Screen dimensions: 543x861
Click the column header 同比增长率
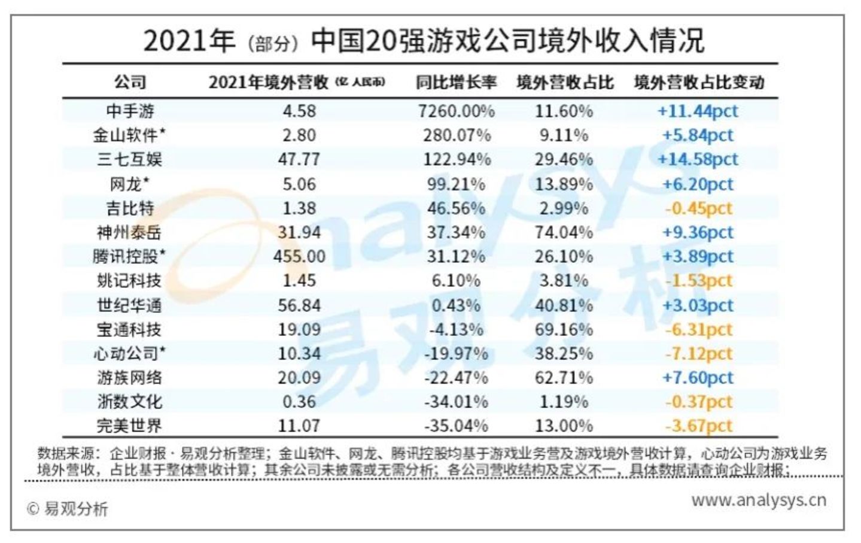(x=456, y=82)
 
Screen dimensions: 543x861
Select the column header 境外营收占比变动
(x=699, y=82)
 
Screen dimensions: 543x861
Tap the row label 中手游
(x=130, y=111)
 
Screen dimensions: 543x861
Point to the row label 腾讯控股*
(x=129, y=256)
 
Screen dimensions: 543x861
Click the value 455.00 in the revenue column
(x=299, y=256)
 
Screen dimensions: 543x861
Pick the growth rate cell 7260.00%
(x=456, y=111)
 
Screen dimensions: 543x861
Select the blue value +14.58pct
(x=698, y=159)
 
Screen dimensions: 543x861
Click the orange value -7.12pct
(x=698, y=353)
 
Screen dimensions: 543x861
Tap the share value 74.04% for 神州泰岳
(x=564, y=232)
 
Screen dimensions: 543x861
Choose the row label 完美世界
(x=129, y=426)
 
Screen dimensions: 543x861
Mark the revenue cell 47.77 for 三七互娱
(x=299, y=159)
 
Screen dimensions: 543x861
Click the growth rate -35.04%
(x=456, y=426)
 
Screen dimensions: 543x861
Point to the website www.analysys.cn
(x=759, y=500)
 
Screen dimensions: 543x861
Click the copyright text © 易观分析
(x=68, y=509)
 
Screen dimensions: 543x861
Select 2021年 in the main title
(x=189, y=41)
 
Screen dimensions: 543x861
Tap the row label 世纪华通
(x=129, y=305)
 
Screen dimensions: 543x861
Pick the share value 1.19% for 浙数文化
(x=564, y=401)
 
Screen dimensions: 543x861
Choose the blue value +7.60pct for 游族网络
(x=698, y=378)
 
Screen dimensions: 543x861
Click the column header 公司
(x=130, y=82)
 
